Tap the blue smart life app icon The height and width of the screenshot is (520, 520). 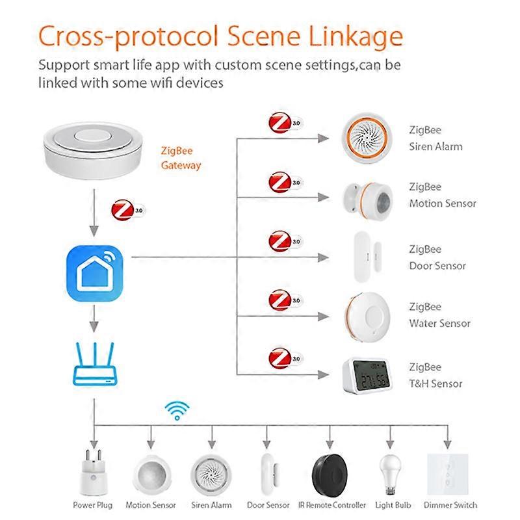coord(94,273)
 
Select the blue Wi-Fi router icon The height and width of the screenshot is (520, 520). coord(95,364)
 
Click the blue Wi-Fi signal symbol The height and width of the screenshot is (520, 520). coord(177,411)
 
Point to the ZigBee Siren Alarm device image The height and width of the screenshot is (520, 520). coord(367,138)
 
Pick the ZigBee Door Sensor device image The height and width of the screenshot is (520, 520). coord(367,257)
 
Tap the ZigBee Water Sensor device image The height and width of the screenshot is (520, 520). coord(367,317)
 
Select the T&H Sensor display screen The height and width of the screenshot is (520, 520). coord(370,374)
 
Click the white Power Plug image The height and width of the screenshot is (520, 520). coord(93,473)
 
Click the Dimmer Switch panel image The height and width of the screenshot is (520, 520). coord(448,474)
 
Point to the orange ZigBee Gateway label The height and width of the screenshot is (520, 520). coord(181,158)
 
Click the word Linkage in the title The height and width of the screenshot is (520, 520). coord(356,36)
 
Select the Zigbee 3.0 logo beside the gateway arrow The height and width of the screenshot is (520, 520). coord(128,210)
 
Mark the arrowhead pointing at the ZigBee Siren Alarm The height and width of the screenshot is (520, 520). coord(323,138)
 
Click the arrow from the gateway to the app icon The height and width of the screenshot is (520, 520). coord(94,213)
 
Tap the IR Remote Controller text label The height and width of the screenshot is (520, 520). coord(332,505)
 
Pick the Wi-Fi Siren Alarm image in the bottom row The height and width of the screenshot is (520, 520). coord(211,475)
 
